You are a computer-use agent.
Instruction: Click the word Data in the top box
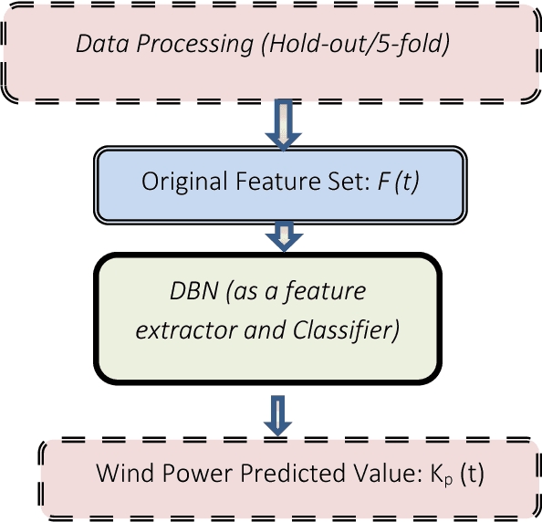click(x=97, y=43)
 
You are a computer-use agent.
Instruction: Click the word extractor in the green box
click(x=173, y=329)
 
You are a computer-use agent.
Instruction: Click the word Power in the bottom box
click(x=183, y=475)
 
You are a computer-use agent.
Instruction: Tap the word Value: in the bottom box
click(x=341, y=475)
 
